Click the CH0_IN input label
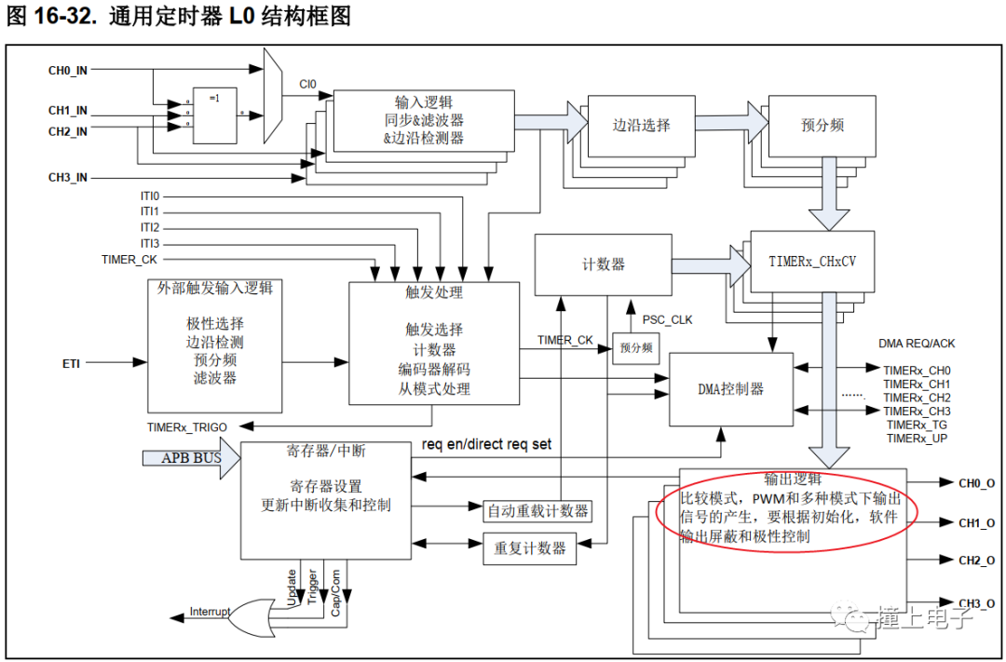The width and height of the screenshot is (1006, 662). pos(68,70)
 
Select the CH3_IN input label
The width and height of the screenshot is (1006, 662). pos(68,177)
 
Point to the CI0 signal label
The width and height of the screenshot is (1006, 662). pos(307,85)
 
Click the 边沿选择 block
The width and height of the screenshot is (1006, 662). pos(641,125)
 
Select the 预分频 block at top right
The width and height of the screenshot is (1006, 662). pos(822,125)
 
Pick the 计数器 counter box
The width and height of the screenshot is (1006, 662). pos(603,264)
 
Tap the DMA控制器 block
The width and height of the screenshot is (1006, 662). pos(731,389)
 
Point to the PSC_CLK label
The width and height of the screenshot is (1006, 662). pos(667,320)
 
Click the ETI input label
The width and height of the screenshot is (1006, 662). pos(71,362)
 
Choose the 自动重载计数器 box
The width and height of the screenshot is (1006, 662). pos(538,510)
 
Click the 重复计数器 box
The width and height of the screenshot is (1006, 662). pos(530,548)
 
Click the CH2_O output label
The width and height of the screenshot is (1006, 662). pos(976,561)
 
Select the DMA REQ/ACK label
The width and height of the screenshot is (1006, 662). pos(917,344)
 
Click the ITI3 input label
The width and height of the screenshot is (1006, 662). pos(150,243)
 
